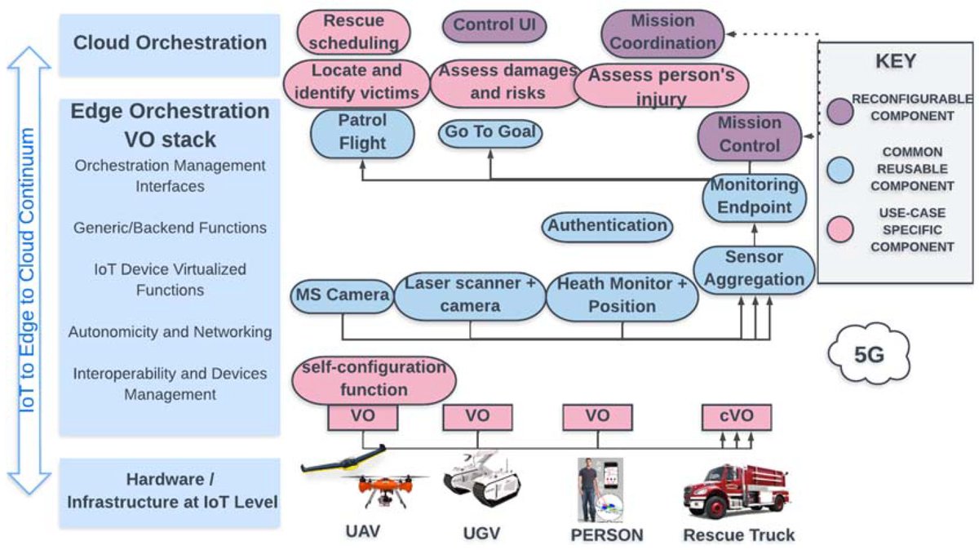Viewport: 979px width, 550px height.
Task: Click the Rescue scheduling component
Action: (354, 31)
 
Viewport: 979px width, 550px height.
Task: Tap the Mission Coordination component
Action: (662, 32)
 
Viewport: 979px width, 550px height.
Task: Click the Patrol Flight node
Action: (362, 132)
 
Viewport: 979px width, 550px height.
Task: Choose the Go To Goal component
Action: (490, 131)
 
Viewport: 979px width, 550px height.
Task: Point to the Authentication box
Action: (607, 225)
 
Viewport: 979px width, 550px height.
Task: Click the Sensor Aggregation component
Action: (754, 269)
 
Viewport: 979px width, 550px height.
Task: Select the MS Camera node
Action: (341, 295)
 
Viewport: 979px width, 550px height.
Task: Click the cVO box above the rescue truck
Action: (737, 417)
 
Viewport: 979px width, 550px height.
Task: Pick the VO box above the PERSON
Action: (597, 417)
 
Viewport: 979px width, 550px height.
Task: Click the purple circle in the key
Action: (840, 108)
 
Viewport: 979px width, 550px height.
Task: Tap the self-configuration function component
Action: (373, 379)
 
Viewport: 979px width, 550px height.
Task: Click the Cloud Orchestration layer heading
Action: (170, 42)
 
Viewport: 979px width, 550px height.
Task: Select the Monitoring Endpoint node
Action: (754, 197)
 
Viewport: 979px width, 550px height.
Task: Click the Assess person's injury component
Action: (662, 87)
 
